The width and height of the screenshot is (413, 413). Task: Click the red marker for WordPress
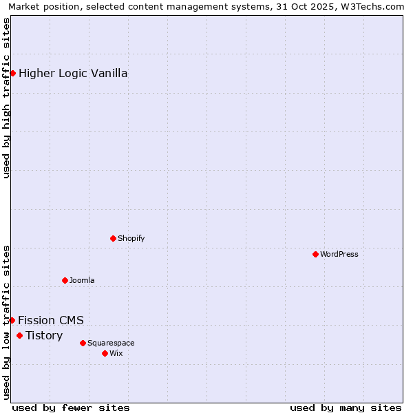click(315, 254)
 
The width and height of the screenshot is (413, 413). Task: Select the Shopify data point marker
click(113, 238)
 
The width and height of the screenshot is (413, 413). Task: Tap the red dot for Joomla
click(65, 280)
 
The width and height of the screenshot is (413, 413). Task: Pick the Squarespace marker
click(83, 343)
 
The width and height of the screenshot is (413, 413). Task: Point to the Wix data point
click(105, 353)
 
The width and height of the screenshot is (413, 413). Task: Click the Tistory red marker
click(19, 335)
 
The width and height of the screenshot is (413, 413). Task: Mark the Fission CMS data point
click(12, 320)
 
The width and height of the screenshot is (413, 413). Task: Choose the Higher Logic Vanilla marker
click(12, 73)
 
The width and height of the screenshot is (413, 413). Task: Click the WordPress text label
click(339, 254)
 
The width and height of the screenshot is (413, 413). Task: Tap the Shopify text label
click(131, 238)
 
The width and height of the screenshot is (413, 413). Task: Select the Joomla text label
click(82, 280)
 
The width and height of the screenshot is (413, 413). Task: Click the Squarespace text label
click(111, 343)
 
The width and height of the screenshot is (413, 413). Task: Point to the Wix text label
click(116, 353)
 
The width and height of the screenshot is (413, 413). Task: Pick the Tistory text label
click(44, 335)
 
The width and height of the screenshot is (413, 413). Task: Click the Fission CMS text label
click(51, 320)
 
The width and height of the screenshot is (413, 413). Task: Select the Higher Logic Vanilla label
click(73, 73)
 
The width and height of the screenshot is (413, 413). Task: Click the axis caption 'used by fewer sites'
click(71, 407)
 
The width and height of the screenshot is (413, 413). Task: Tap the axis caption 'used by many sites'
click(346, 407)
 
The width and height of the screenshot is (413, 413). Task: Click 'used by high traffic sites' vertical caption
click(6, 98)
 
